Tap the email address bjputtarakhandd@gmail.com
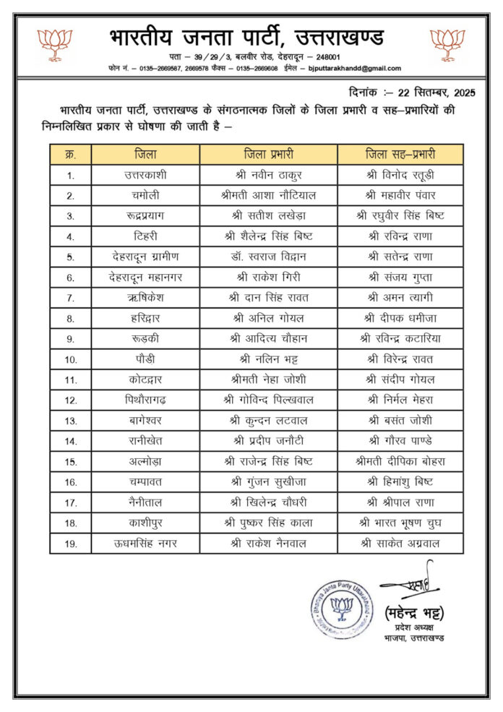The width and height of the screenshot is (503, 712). tap(354, 68)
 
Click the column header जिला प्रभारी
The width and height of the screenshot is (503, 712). tap(268, 155)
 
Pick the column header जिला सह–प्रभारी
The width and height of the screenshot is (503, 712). tap(400, 155)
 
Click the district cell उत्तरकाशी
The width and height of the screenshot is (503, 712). tap(145, 175)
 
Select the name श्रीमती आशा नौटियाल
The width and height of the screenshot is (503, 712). tap(268, 195)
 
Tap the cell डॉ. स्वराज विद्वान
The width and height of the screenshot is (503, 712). tap(268, 257)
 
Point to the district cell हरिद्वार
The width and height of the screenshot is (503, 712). tap(145, 318)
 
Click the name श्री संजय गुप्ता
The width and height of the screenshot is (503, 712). tap(400, 277)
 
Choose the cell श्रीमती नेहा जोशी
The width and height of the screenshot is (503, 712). tap(268, 379)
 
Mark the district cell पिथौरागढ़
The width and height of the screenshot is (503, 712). tap(145, 399)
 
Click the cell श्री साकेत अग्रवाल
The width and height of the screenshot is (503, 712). tap(400, 543)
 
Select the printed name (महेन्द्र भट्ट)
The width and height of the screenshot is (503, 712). tap(414, 614)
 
